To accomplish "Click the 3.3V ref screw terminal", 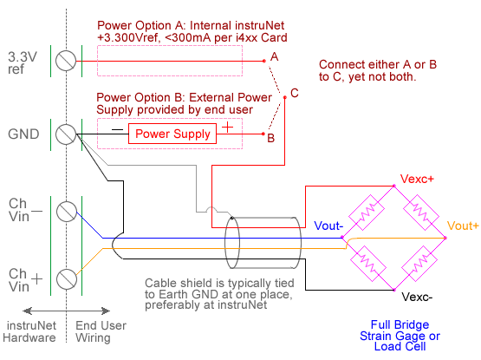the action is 66,61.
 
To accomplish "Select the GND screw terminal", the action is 66,134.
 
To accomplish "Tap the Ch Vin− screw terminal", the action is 67,212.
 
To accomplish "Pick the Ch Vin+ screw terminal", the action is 67,279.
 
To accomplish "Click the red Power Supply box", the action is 172,134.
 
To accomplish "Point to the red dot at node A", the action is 264,61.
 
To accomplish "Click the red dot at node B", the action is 263,134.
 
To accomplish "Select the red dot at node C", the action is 284,97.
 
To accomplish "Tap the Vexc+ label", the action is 417,179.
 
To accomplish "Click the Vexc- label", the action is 417,297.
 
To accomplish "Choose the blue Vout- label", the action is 328,226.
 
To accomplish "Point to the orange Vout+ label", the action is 463,226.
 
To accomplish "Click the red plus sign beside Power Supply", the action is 227,127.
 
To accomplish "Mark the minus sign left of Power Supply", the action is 117,129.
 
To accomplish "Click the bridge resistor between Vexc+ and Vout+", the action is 421,213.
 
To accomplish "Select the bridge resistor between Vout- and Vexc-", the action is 367,264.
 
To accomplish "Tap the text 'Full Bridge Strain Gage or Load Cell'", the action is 400,336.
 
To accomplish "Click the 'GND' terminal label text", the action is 23,134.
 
